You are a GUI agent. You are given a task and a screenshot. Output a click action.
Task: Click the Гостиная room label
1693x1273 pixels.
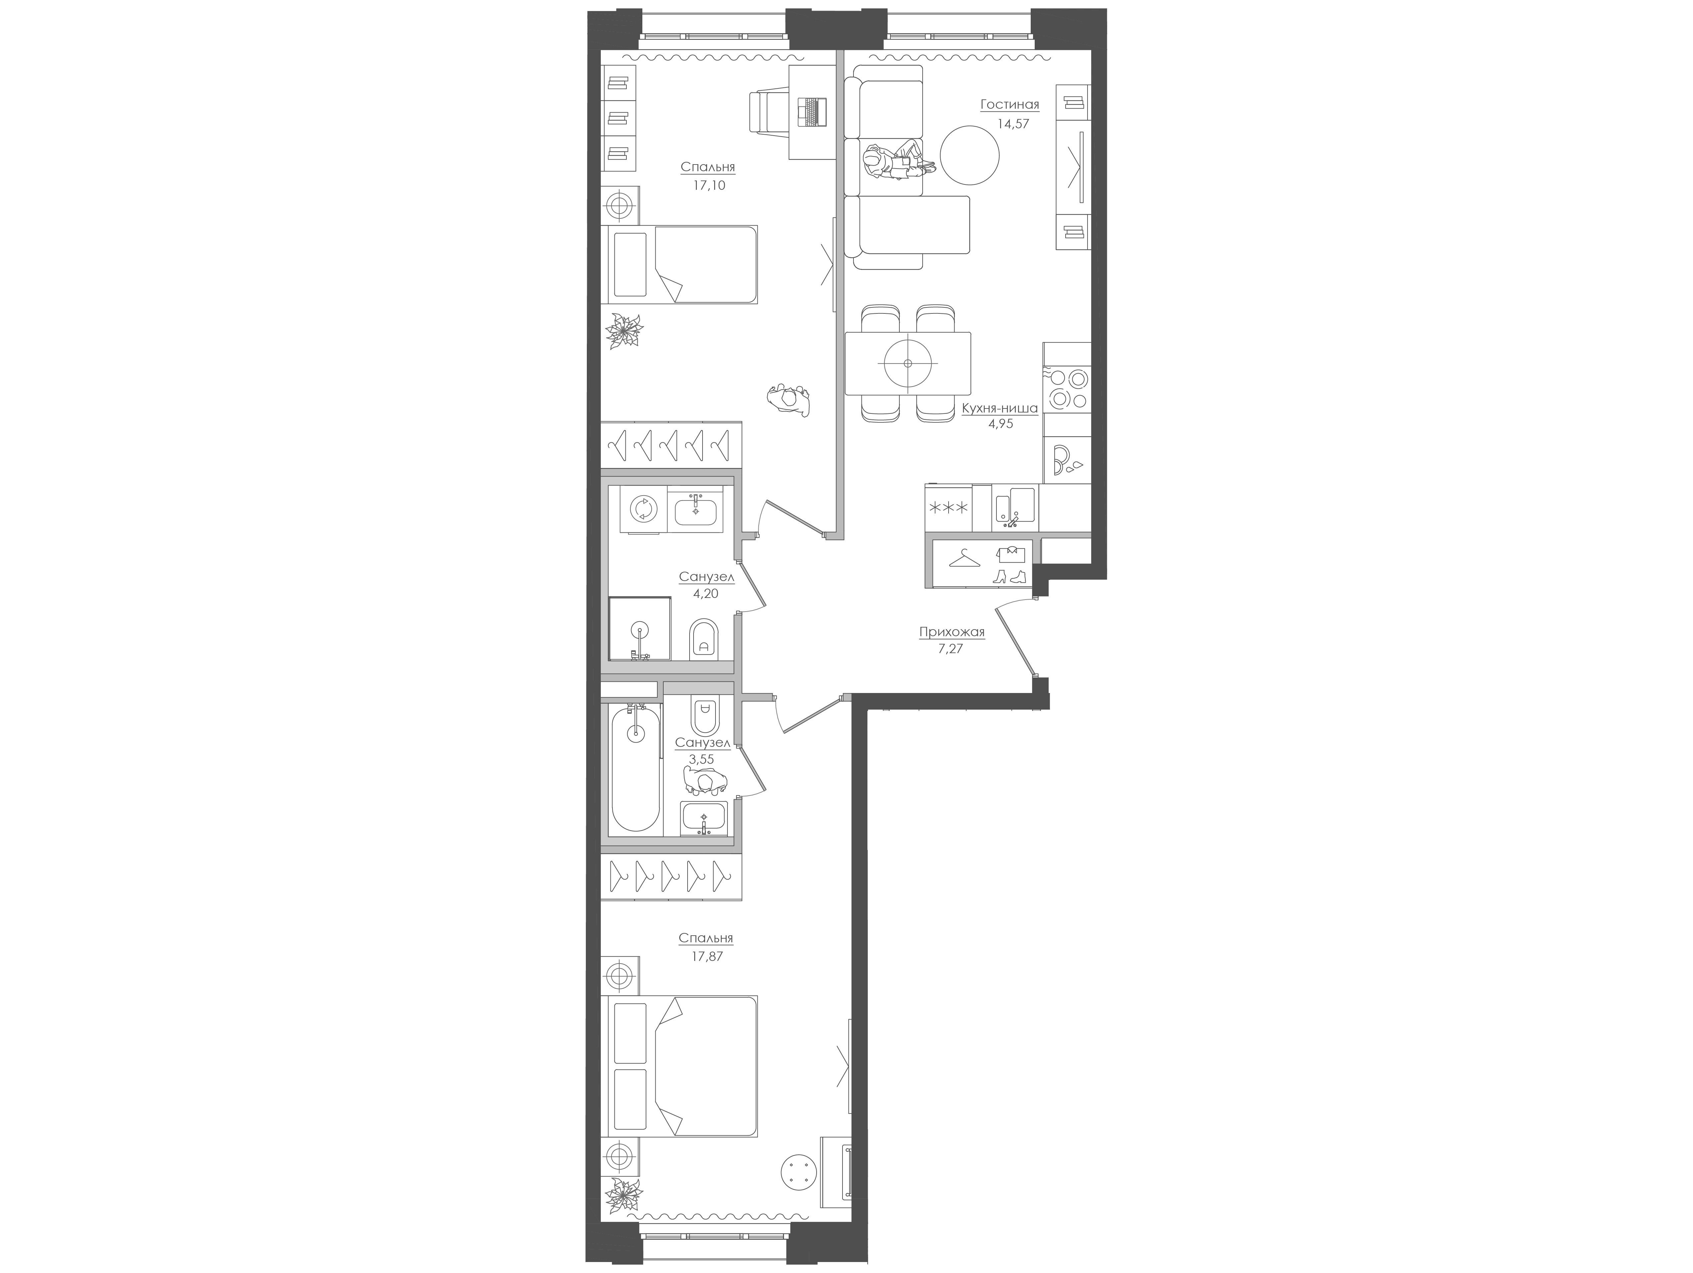tap(1009, 105)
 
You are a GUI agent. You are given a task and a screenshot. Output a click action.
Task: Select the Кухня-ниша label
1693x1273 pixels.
tap(999, 408)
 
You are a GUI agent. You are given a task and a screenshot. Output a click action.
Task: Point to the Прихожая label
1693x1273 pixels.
tap(951, 632)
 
